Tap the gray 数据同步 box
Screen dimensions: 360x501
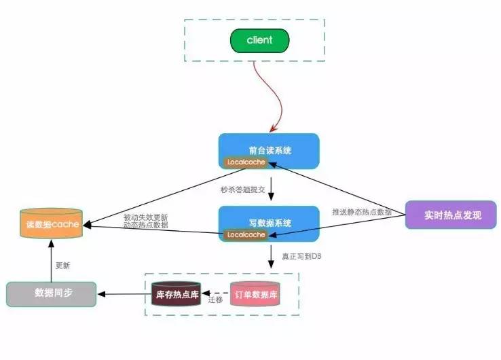(x=51, y=293)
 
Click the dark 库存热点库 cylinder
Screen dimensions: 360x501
(x=175, y=295)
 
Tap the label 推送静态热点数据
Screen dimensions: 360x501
(x=362, y=212)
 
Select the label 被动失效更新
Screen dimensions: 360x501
(x=145, y=217)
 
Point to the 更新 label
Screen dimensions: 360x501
(x=62, y=265)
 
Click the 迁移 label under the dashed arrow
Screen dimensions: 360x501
(x=215, y=300)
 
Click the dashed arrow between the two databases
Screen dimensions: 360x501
(x=215, y=293)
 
